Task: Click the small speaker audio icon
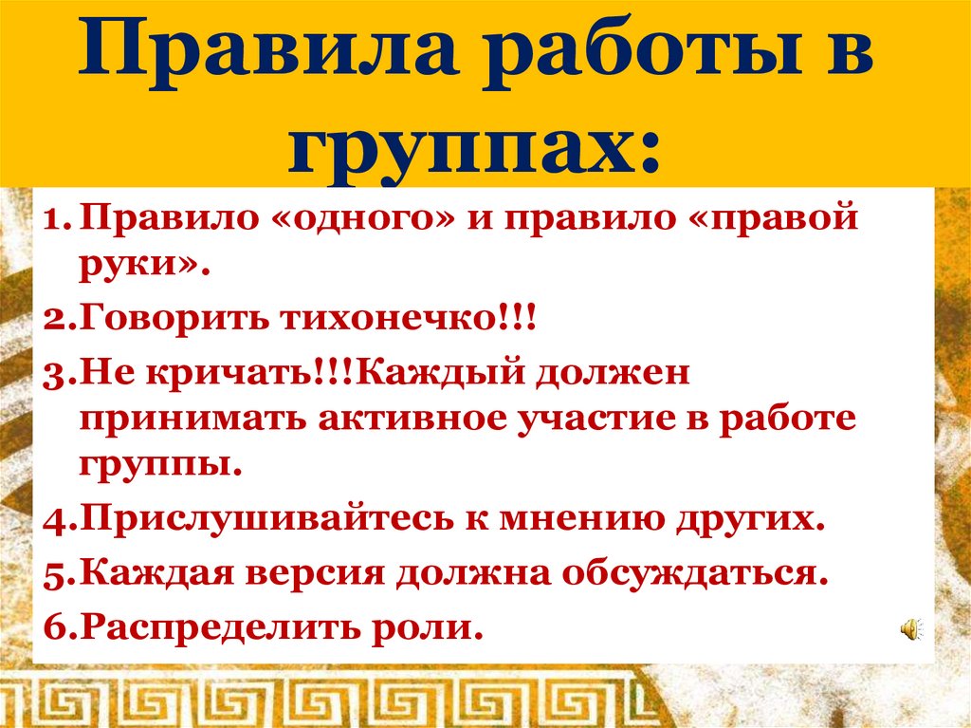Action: (x=909, y=628)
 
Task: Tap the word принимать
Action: (x=192, y=418)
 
